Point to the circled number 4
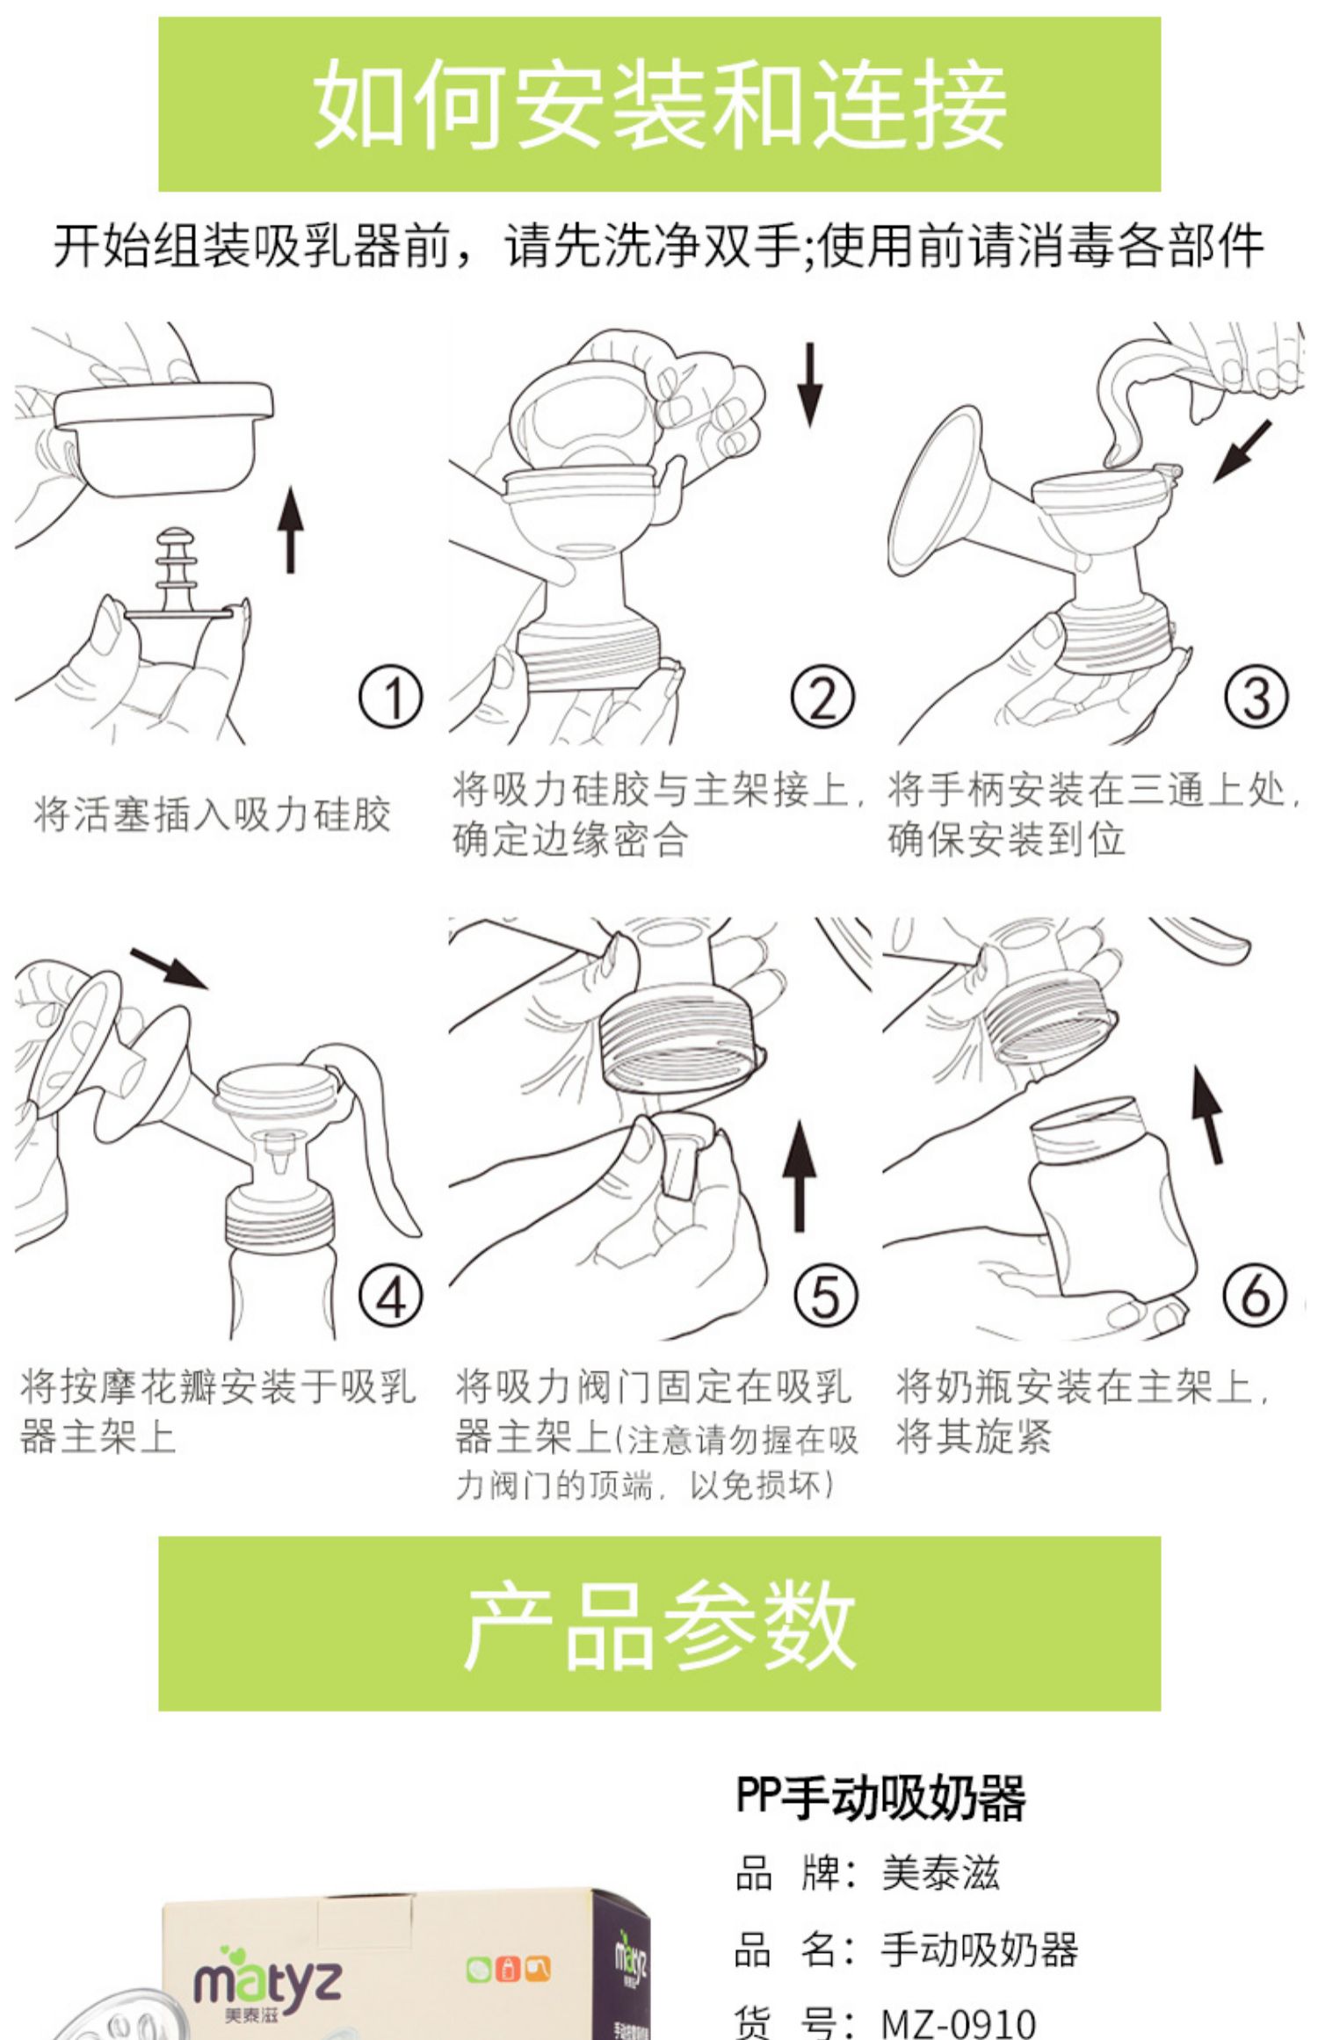tap(391, 1297)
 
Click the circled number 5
tap(824, 1297)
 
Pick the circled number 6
tap(1255, 1297)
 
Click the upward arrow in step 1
tap(291, 531)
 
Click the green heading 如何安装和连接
tap(659, 104)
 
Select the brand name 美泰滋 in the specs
tap(940, 1872)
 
